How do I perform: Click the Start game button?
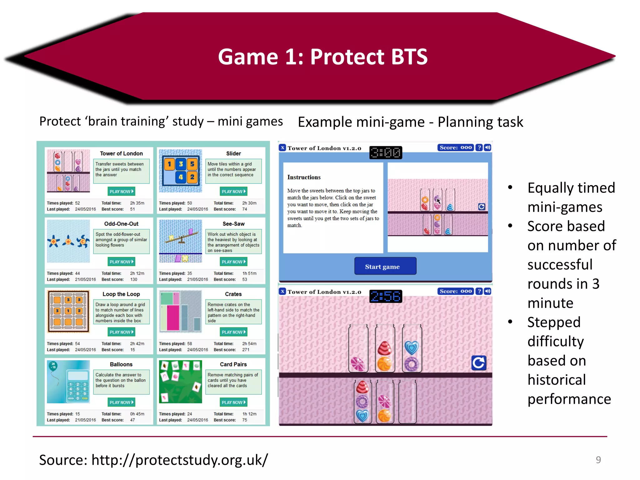[x=385, y=266]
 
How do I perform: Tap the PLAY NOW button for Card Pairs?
[x=233, y=402]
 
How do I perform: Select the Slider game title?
[x=233, y=153]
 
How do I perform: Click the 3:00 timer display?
[x=386, y=153]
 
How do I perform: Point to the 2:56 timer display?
[x=386, y=296]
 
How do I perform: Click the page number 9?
[x=598, y=460]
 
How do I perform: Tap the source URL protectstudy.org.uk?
[x=179, y=460]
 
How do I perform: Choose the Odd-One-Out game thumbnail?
[x=68, y=241]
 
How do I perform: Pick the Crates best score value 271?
[x=246, y=350]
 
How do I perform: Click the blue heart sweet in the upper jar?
[x=412, y=347]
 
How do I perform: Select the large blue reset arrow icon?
[x=479, y=363]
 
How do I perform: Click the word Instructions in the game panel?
[x=304, y=177]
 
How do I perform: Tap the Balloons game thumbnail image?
[x=68, y=382]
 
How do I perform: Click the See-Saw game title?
[x=233, y=224]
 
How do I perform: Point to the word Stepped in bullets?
[x=554, y=322]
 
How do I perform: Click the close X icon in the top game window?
[x=282, y=148]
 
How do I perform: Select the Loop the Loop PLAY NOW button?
[x=121, y=332]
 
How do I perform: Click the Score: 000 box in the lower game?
[x=456, y=291]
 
